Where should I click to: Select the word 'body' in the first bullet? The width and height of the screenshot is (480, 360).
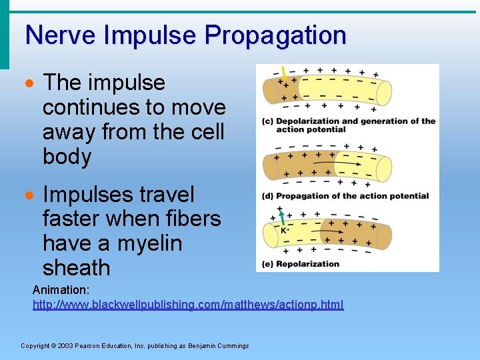tap(67, 157)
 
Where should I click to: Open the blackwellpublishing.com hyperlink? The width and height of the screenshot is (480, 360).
tap(188, 305)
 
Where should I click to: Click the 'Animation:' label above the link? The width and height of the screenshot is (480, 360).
tap(61, 291)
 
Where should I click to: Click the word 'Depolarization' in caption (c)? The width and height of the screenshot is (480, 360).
tap(308, 121)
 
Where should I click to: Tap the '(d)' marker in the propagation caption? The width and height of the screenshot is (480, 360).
tap(267, 196)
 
